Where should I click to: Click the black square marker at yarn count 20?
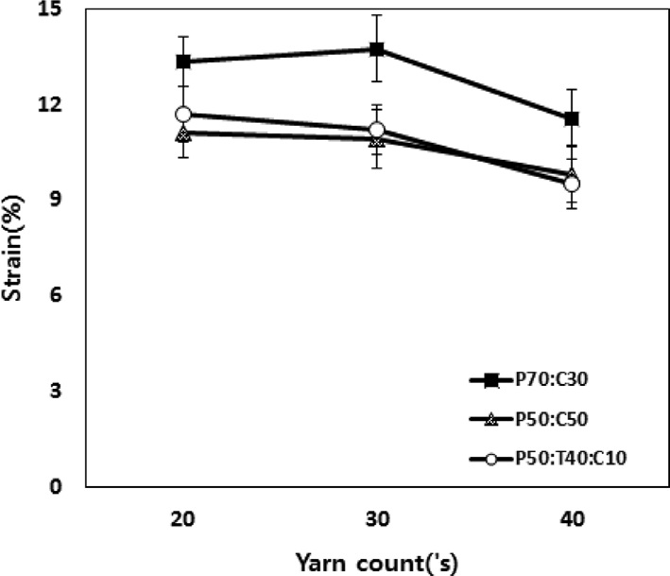click(x=183, y=61)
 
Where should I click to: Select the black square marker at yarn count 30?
click(x=376, y=48)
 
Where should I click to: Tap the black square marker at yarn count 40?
click(x=571, y=118)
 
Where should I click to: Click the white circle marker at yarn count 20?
click(x=183, y=114)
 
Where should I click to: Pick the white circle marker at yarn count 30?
click(x=376, y=130)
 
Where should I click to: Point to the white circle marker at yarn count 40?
click(x=571, y=183)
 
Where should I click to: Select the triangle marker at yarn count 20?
click(x=183, y=133)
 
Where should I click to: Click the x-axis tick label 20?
click(x=183, y=518)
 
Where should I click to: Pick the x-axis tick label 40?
click(x=571, y=518)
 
